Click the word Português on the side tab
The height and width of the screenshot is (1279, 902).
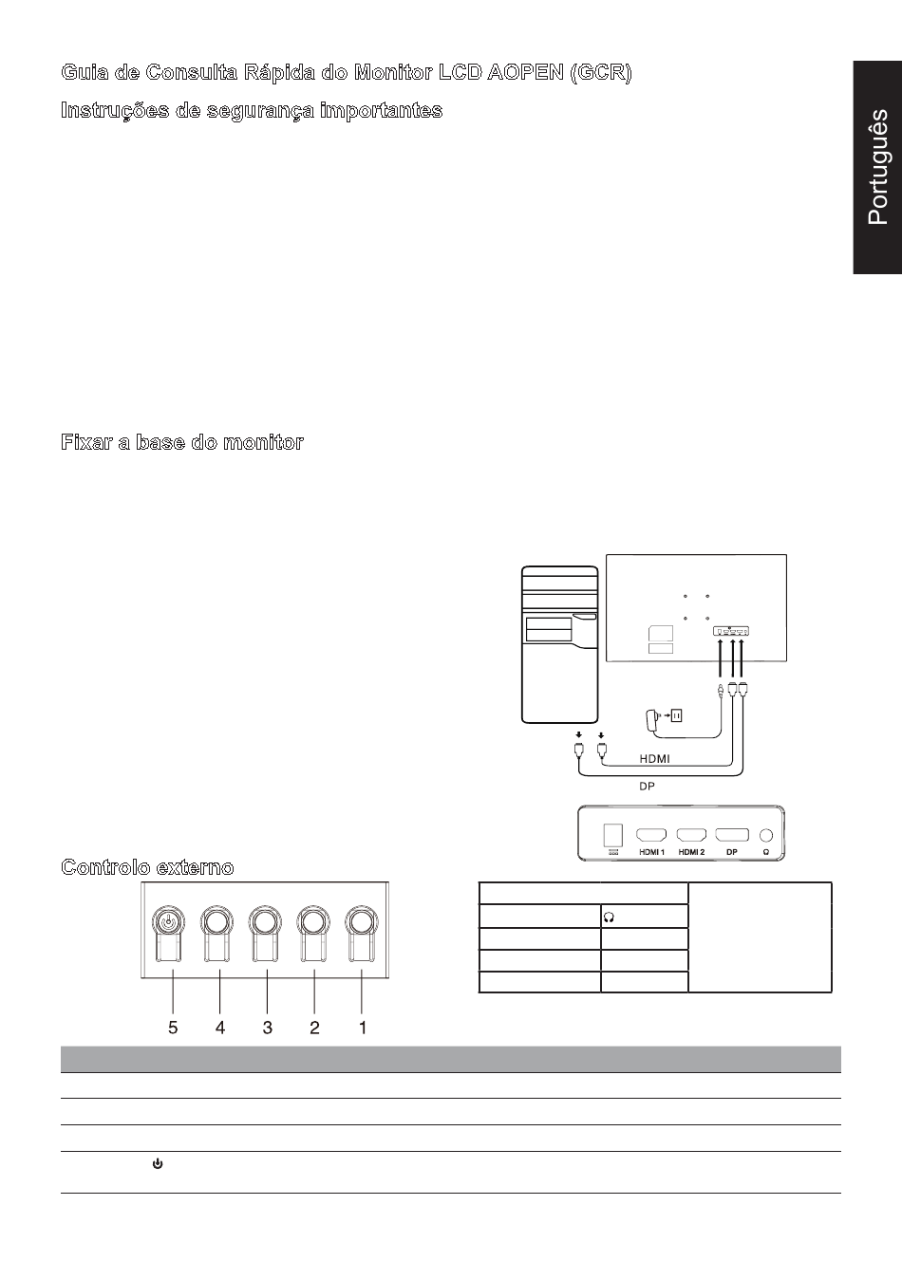[878, 167]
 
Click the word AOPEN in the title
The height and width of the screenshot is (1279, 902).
[525, 72]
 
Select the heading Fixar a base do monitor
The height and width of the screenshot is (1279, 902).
[182, 442]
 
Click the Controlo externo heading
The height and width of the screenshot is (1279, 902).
[147, 867]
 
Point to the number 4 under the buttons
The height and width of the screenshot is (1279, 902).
[220, 1028]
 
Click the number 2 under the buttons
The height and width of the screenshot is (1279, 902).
[314, 1028]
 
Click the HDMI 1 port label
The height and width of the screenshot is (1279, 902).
[651, 852]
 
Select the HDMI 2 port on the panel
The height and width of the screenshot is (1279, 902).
[691, 835]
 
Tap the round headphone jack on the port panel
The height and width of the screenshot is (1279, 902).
[766, 835]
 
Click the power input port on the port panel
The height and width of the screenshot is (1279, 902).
[612, 835]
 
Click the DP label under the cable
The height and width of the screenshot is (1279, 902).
[647, 787]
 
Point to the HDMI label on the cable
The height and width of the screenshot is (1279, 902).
[654, 759]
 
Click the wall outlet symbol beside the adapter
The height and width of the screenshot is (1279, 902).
[676, 714]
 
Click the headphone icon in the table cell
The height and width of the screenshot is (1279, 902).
[609, 917]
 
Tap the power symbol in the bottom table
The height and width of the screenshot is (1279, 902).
[158, 1163]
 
